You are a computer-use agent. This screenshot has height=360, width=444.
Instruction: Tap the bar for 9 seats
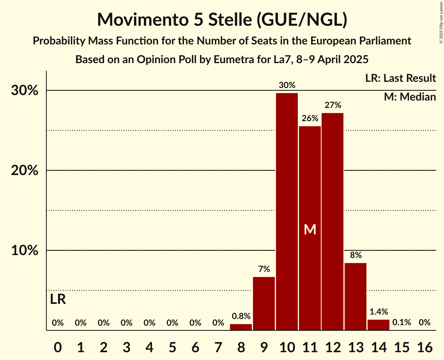click(x=264, y=304)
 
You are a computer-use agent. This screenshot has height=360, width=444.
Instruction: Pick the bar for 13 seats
click(x=356, y=296)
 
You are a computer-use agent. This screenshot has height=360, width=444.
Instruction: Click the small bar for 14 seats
click(x=379, y=325)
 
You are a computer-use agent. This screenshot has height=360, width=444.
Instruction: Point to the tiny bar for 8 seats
click(x=241, y=327)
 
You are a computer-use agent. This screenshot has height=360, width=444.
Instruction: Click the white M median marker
click(x=310, y=230)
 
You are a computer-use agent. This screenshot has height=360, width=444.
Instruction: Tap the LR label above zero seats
click(x=58, y=300)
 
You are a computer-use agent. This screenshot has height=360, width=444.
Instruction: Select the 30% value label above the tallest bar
click(x=287, y=85)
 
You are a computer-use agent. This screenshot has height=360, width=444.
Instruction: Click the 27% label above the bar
click(x=333, y=105)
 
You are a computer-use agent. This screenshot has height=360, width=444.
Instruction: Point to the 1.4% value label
click(x=379, y=312)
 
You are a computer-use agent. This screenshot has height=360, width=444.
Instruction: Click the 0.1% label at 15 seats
click(x=402, y=323)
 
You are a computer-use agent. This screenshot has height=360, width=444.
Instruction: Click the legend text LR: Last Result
click(x=400, y=78)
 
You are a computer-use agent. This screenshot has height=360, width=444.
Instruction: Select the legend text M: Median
click(x=410, y=97)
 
